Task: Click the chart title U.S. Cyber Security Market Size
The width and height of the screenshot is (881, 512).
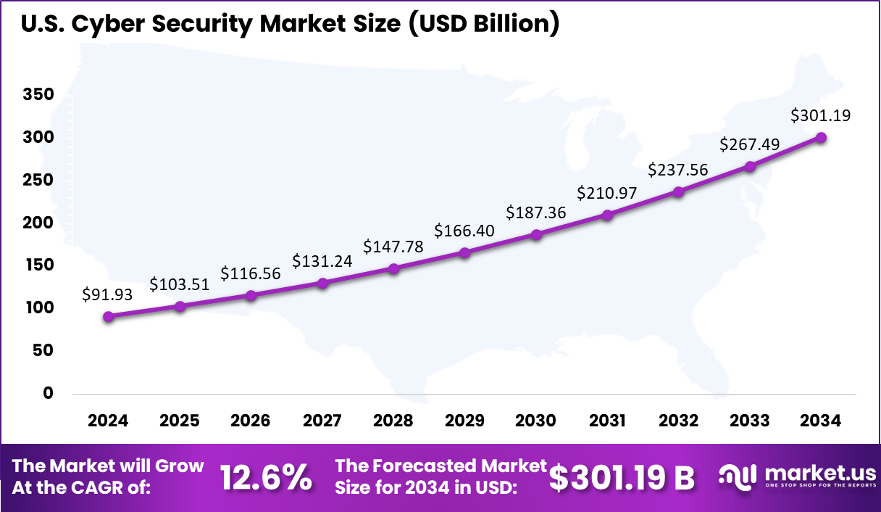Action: click(x=290, y=24)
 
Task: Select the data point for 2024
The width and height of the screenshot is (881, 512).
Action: click(x=109, y=316)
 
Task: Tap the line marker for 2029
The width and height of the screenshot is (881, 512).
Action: click(x=464, y=252)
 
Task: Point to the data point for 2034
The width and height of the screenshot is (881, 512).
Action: click(x=821, y=138)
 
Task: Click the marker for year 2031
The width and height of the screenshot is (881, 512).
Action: click(x=607, y=215)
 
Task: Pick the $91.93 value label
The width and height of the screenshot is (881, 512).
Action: click(x=109, y=295)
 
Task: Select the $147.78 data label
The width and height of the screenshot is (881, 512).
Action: click(x=393, y=247)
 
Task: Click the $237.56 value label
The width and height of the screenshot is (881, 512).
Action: click(x=678, y=170)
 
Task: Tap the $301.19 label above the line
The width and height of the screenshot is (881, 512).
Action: click(x=820, y=115)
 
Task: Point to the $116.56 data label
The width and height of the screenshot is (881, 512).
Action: click(x=251, y=273)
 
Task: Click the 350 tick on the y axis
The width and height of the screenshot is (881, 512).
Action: click(x=38, y=94)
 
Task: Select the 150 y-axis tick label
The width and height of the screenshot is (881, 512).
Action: click(x=38, y=265)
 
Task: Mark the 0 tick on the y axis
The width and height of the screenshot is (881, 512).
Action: click(x=49, y=393)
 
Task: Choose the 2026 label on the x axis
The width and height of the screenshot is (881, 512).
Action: click(x=251, y=421)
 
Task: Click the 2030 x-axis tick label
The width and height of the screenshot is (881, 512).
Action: click(x=535, y=421)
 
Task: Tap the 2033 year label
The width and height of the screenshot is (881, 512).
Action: click(x=750, y=421)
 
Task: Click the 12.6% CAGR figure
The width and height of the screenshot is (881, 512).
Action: click(x=267, y=476)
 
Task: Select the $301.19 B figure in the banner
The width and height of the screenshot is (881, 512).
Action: click(x=622, y=477)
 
